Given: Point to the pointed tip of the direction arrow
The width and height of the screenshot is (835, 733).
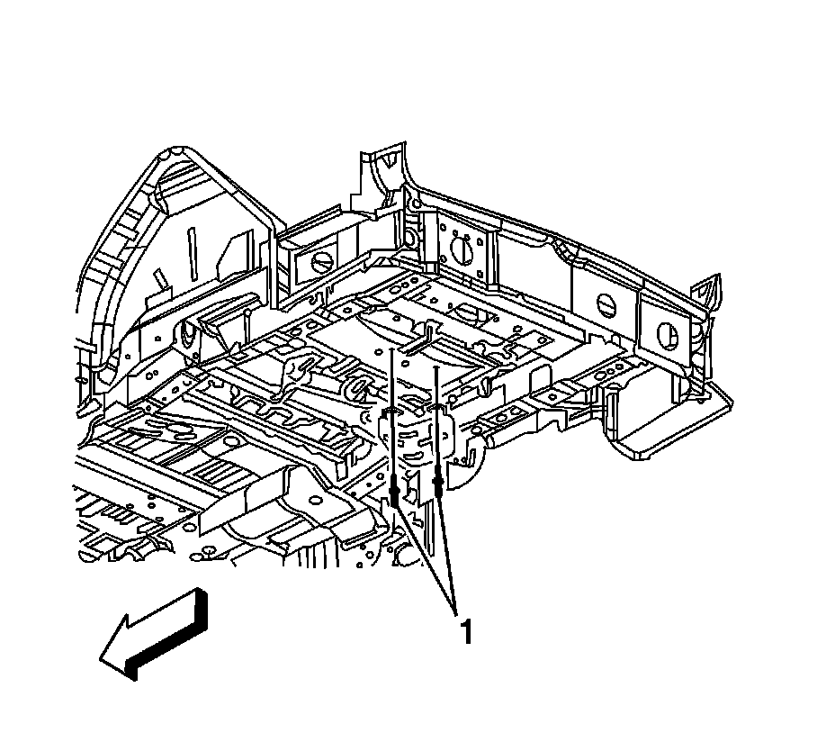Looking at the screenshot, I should (102, 660).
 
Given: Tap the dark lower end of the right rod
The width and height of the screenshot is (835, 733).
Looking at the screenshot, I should (437, 484).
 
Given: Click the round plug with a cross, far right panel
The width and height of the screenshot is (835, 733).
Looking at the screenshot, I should (669, 335).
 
